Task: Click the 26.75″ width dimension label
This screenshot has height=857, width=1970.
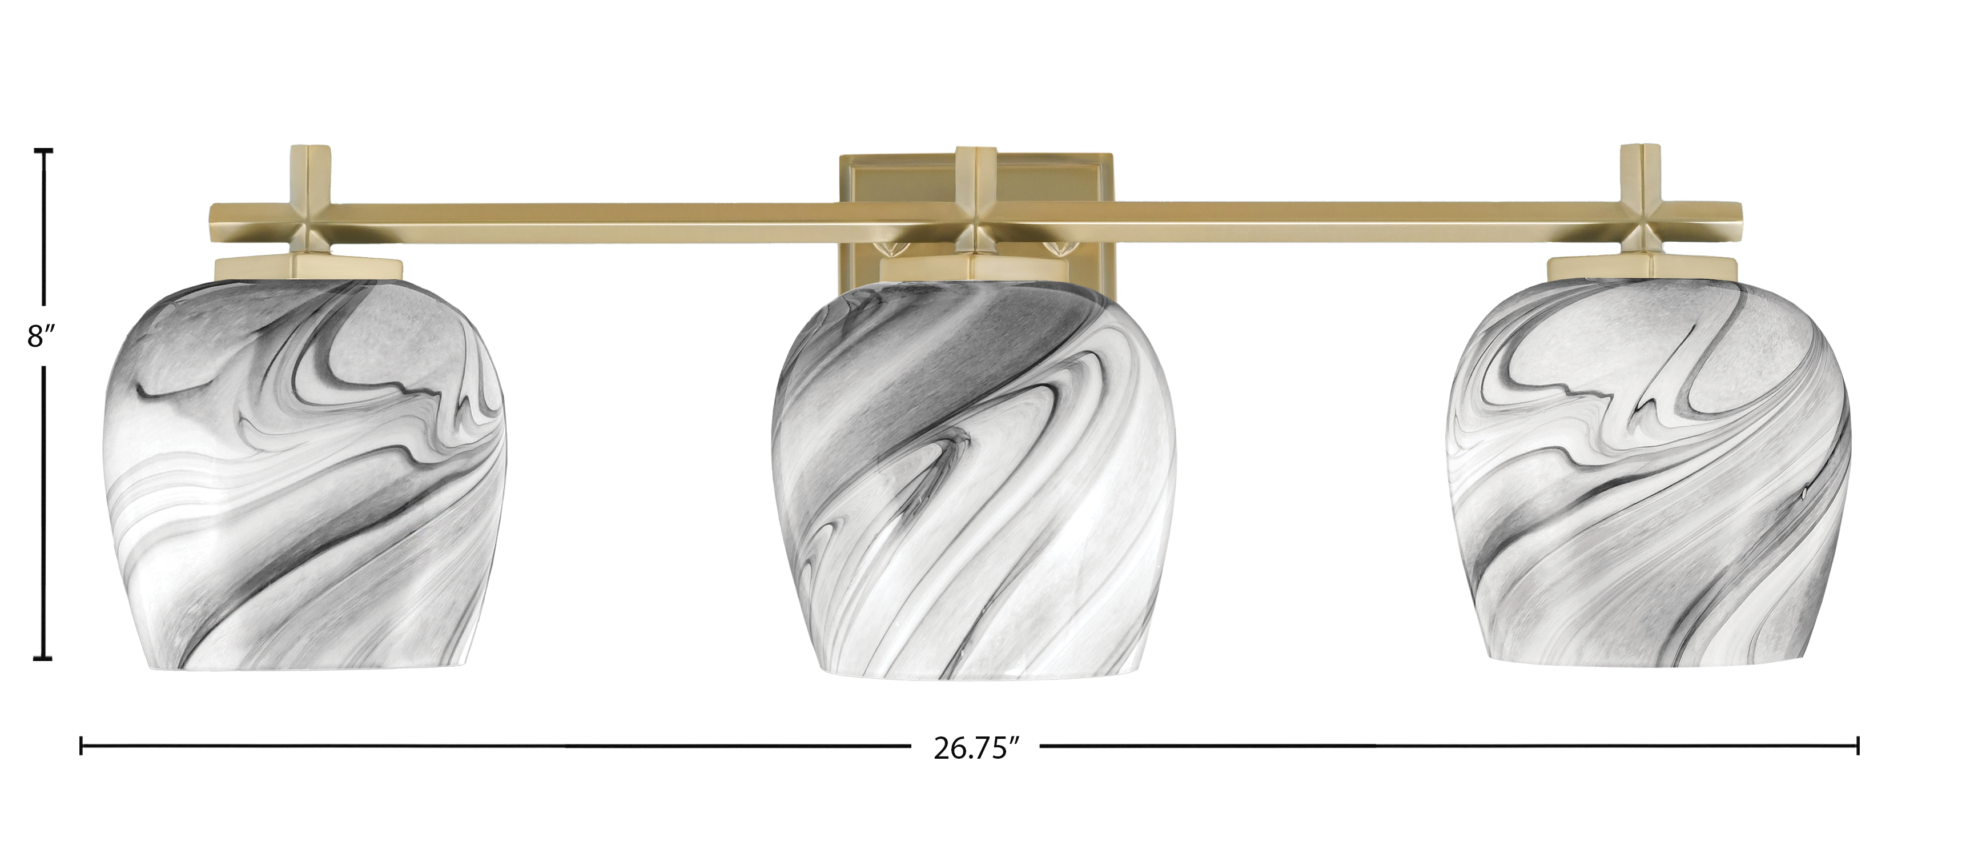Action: [x=976, y=768]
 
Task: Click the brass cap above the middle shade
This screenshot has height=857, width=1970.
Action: [x=973, y=269]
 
